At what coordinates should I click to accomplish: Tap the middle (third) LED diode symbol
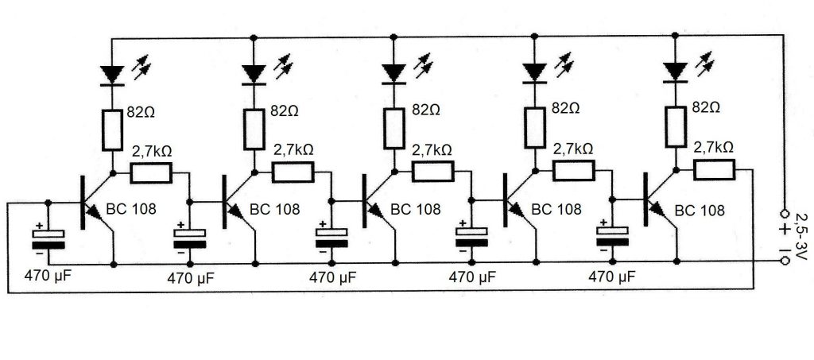point(393,73)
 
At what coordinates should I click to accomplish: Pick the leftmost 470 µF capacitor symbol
point(48,238)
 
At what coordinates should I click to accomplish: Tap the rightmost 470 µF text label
point(610,277)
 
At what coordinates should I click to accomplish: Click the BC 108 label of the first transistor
point(132,211)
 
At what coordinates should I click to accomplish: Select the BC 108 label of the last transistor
point(700,211)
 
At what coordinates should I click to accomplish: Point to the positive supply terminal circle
point(785,214)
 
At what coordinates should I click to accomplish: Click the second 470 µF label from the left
point(191,278)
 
